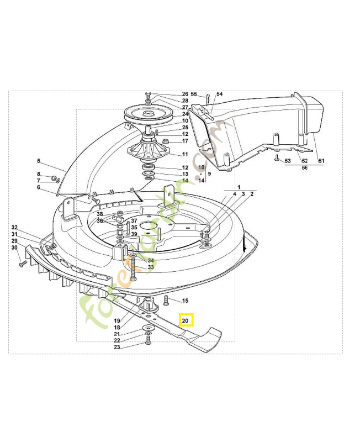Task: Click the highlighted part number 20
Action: pyautogui.click(x=186, y=320)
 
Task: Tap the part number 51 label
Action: pyautogui.click(x=321, y=161)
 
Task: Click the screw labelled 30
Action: pyautogui.click(x=22, y=265)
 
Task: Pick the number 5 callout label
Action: pyautogui.click(x=39, y=161)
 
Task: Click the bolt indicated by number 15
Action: pyautogui.click(x=167, y=301)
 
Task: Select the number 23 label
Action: pyautogui.click(x=117, y=348)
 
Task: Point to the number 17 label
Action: pyautogui.click(x=185, y=141)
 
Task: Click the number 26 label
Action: pyautogui.click(x=185, y=94)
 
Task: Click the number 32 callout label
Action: pyautogui.click(x=15, y=227)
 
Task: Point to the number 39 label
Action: pyautogui.click(x=134, y=234)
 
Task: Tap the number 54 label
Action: pyautogui.click(x=219, y=94)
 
